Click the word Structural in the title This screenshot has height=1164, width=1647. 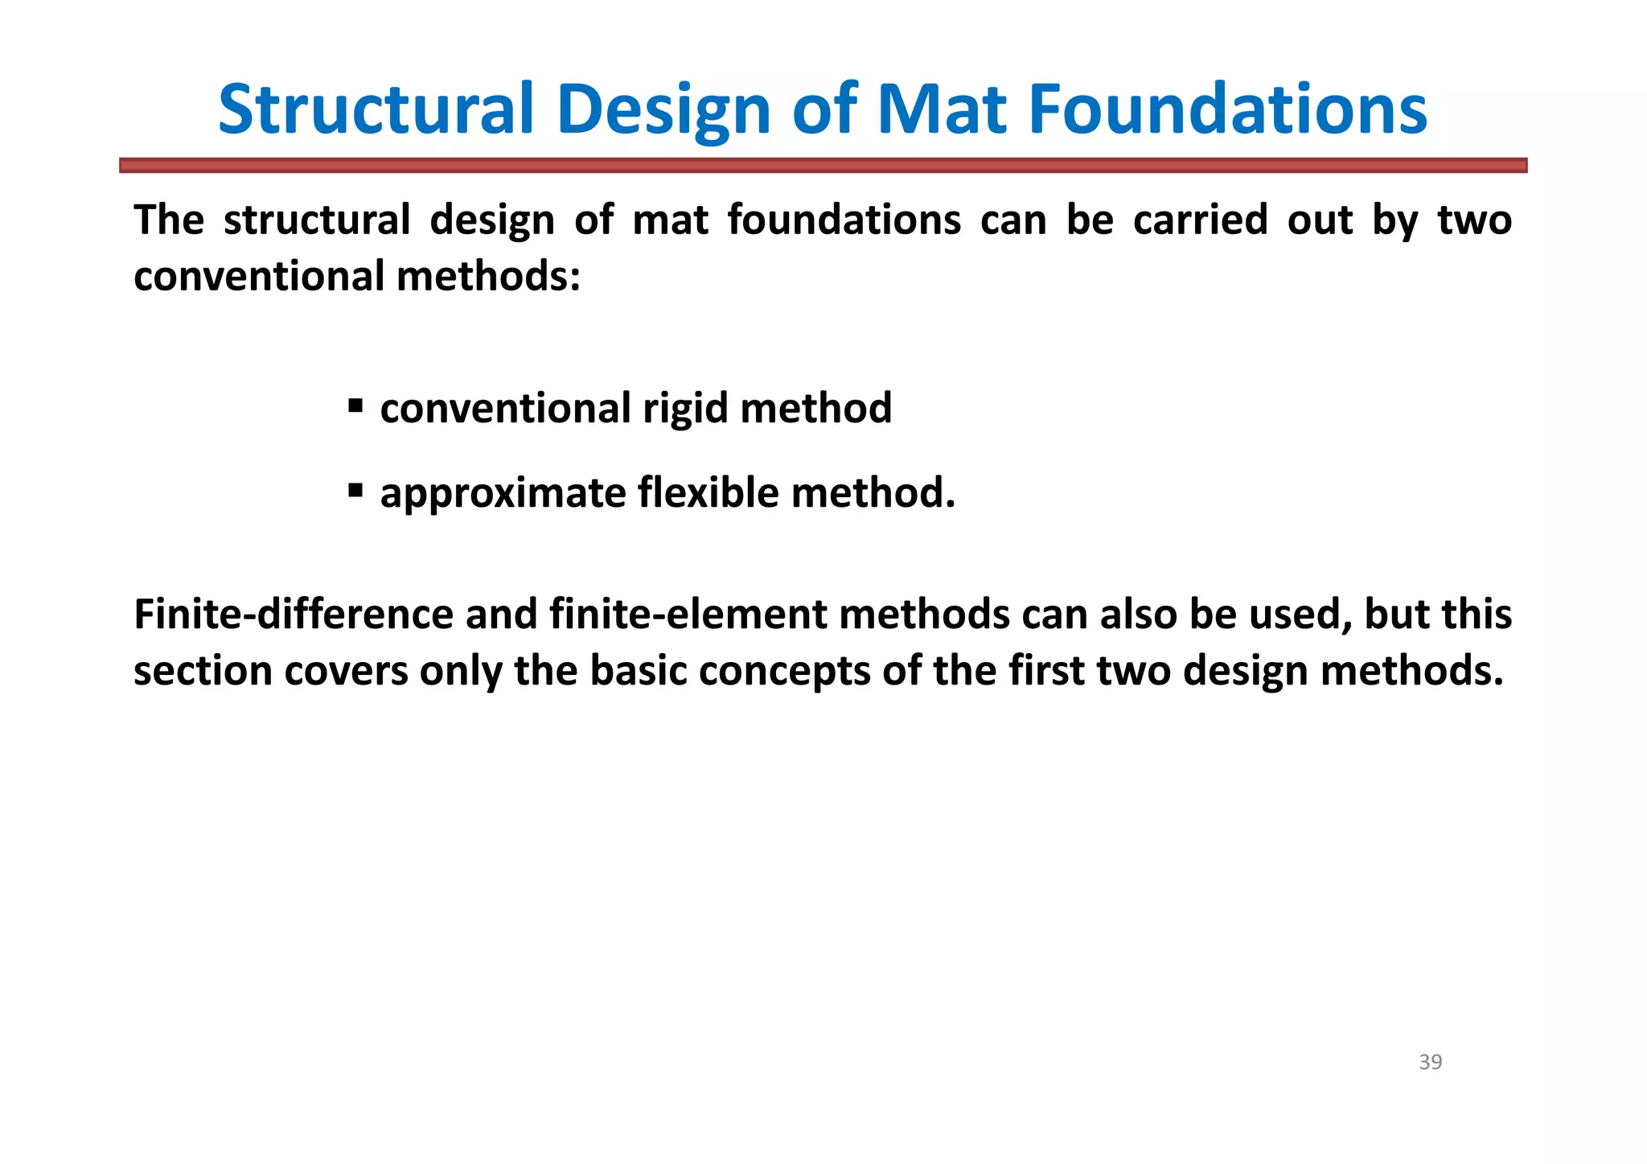click(x=376, y=109)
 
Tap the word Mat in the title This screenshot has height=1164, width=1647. click(x=941, y=109)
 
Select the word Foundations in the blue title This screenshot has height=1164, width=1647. click(x=1228, y=109)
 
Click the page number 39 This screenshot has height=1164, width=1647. click(x=1430, y=1063)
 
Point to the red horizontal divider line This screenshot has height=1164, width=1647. click(x=823, y=165)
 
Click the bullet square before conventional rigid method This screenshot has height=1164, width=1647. click(x=355, y=405)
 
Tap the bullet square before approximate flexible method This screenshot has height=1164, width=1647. click(x=355, y=489)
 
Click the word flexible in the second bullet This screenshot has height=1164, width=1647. click(x=708, y=492)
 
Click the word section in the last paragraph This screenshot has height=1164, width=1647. click(x=203, y=672)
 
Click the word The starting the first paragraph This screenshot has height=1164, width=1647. click(x=169, y=220)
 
